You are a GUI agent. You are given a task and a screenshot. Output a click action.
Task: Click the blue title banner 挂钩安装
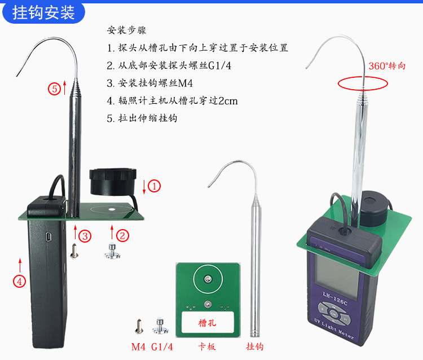coord(44,12)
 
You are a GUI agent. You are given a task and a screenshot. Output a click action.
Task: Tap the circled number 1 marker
coord(154,185)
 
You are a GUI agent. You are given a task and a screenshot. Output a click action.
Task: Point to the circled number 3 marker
coord(85,236)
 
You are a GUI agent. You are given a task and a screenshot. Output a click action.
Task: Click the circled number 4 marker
coord(20,280)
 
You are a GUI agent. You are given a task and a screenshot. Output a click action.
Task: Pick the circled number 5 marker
coord(54,89)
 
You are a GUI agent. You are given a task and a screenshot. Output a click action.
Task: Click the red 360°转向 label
coord(387,65)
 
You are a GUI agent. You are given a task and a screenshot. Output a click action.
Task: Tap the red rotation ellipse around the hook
coord(363,84)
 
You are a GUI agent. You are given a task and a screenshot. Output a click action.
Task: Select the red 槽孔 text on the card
coord(208,323)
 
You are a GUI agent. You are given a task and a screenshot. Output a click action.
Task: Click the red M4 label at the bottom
coord(139,346)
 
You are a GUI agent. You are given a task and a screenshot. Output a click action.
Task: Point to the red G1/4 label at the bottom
coord(162,346)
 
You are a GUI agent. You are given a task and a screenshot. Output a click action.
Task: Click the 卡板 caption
coord(207,346)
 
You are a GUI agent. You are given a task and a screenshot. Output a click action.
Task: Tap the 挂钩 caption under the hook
coord(255,346)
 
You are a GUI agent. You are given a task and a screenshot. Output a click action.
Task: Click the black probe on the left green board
coord(113,179)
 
